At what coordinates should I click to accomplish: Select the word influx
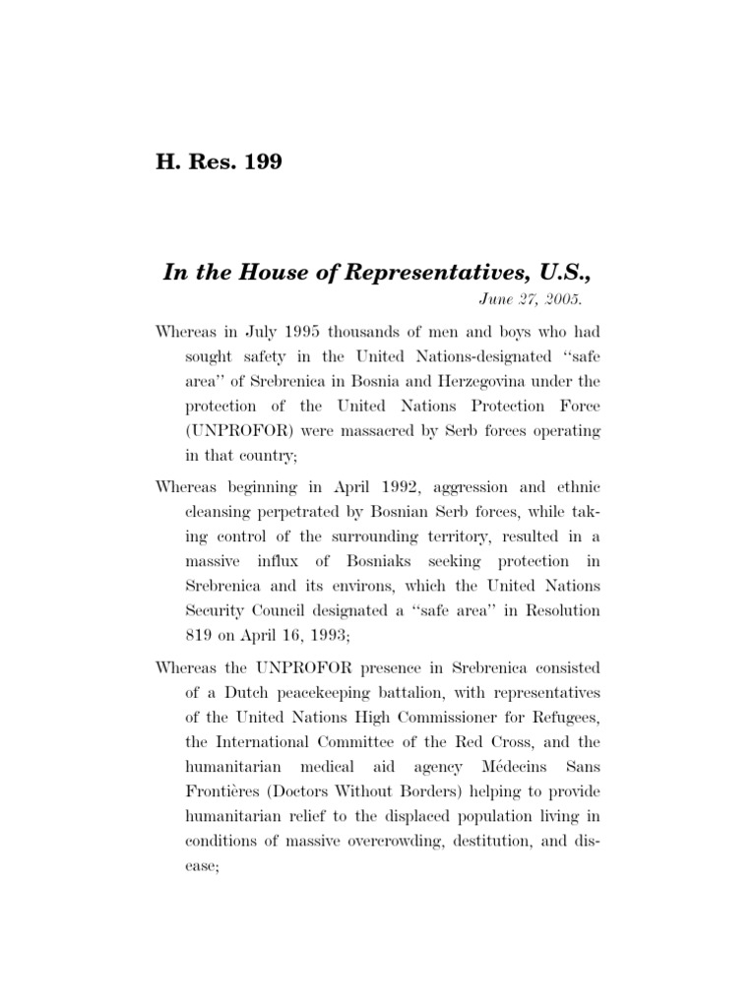coord(292,561)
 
